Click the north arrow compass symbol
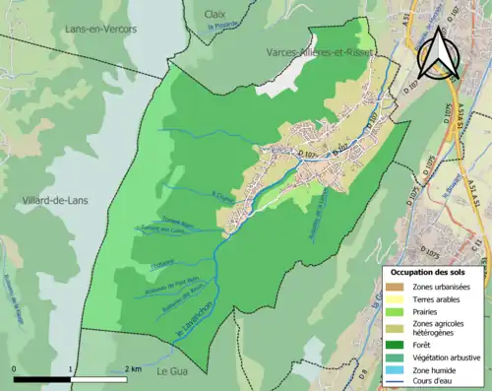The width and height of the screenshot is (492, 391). [x=441, y=53]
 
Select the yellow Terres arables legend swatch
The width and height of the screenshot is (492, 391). [x=394, y=298]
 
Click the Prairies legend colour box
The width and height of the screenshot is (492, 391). [x=394, y=311]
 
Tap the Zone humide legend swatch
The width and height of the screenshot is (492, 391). [x=394, y=368]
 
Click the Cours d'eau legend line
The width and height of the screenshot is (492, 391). [x=394, y=380]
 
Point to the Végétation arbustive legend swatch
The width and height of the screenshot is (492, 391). [x=394, y=356]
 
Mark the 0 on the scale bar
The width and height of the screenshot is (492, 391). [x=15, y=368]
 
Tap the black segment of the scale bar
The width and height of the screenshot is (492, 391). [x=42, y=378]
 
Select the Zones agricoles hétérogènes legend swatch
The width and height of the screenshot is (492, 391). [x=394, y=327]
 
